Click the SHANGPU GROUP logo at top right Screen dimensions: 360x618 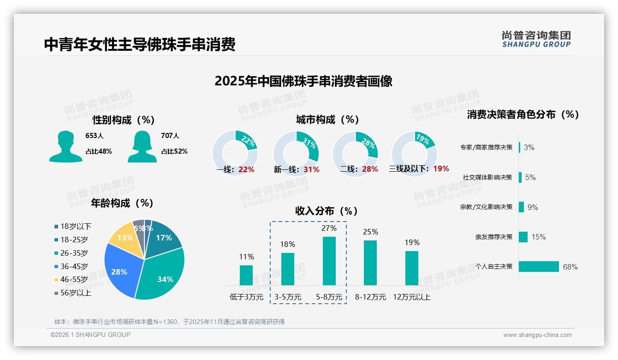coord(536,39)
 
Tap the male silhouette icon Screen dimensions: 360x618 coord(65,146)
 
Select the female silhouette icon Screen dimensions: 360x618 coord(142,146)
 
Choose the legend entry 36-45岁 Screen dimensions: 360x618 coord(74,266)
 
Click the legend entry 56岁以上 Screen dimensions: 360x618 coord(76,293)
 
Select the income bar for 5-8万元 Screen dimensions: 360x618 coord(329,261)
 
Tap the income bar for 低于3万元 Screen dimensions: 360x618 coord(246,275)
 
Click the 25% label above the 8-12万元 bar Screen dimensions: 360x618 coord(370,232)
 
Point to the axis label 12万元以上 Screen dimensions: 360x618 coord(412,297)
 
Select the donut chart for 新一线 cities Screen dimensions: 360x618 coord(296,153)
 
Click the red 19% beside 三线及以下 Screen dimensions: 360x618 coord(441,169)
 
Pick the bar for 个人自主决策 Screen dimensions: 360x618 coord(539,267)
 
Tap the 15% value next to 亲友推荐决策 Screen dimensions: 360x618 coord(538,237)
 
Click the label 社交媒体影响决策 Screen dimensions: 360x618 coord(487,177)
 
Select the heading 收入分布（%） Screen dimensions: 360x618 coord(327,211)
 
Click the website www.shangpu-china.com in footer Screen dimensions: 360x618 coord(537,335)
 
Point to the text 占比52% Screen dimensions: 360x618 coord(174,151)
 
